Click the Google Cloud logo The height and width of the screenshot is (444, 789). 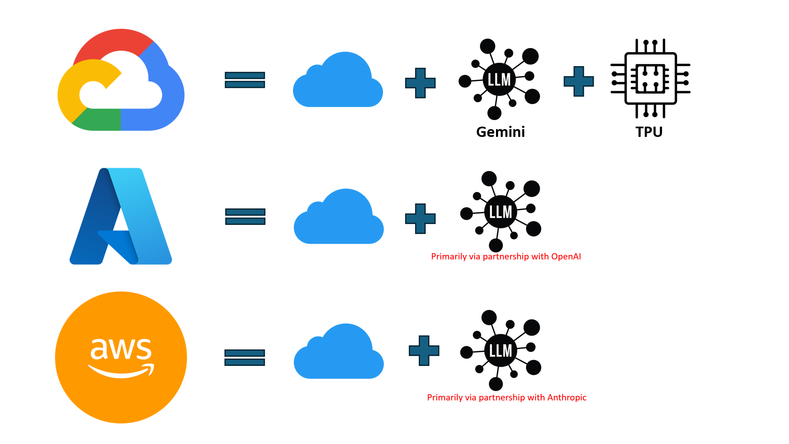click(x=121, y=80)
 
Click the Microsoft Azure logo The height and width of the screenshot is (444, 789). click(x=121, y=216)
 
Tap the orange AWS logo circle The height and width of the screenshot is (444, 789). click(x=121, y=357)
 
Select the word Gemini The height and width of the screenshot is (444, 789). click(x=501, y=132)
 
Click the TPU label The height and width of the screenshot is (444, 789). click(x=649, y=132)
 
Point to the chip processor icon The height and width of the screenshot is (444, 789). click(x=650, y=78)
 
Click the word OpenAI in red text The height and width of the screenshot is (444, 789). click(x=566, y=257)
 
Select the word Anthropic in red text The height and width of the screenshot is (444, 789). click(x=567, y=398)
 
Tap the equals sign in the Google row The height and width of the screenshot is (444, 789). click(x=245, y=80)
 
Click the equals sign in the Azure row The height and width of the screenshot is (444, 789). click(x=245, y=217)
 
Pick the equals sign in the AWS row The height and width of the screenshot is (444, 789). click(x=245, y=357)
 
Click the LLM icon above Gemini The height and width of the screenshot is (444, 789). click(x=499, y=79)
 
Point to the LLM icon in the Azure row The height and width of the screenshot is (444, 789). click(x=500, y=212)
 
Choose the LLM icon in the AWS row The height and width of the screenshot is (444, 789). click(x=500, y=350)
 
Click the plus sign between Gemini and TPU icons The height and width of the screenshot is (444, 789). click(x=579, y=81)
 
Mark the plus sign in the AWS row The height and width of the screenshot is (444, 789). click(x=424, y=351)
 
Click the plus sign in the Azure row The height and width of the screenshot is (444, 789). click(x=420, y=219)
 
